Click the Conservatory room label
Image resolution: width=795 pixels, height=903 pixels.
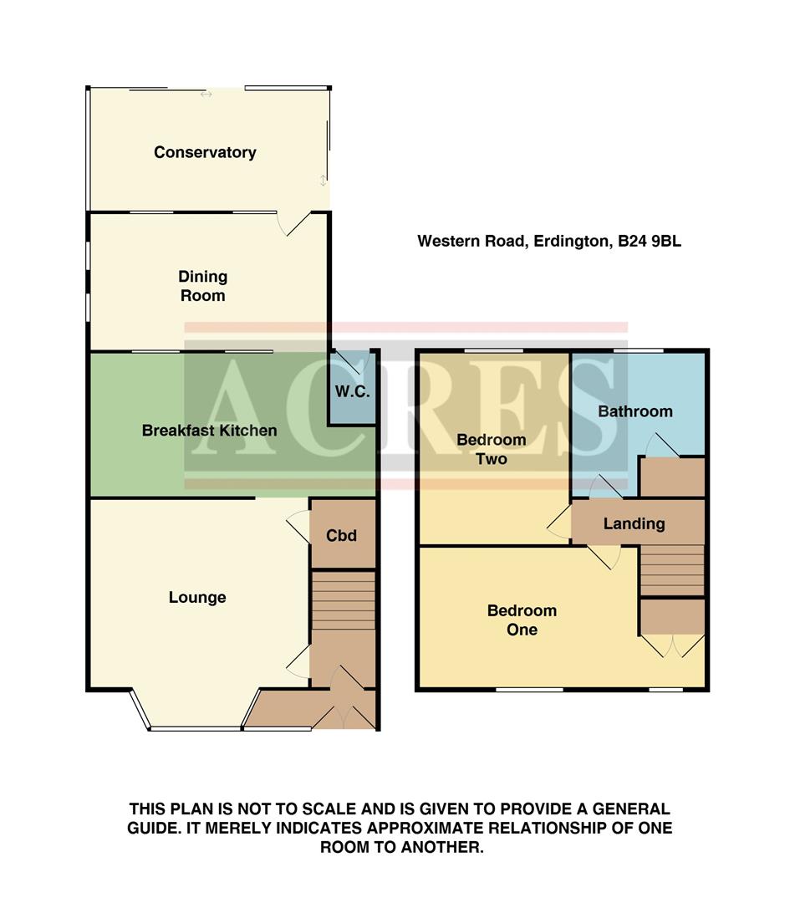pos(205,152)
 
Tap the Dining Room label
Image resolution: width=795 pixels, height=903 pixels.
pos(202,286)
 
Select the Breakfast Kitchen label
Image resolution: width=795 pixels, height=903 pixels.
pos(209,431)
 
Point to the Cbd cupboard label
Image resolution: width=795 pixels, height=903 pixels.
pos(341,535)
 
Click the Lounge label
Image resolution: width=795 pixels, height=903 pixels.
pos(197,597)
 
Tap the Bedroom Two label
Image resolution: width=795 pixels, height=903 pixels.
pos(491,449)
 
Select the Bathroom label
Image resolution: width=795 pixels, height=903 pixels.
pos(635,411)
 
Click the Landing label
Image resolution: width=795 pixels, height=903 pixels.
pos(634,524)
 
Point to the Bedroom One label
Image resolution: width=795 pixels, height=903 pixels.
pos(522,620)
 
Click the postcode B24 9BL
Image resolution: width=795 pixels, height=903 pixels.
pos(650,242)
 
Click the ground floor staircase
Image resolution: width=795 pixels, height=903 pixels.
pos(343,599)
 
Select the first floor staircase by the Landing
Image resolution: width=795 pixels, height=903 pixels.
pos(672,569)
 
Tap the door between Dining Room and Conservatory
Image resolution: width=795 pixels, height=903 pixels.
pos(294,222)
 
